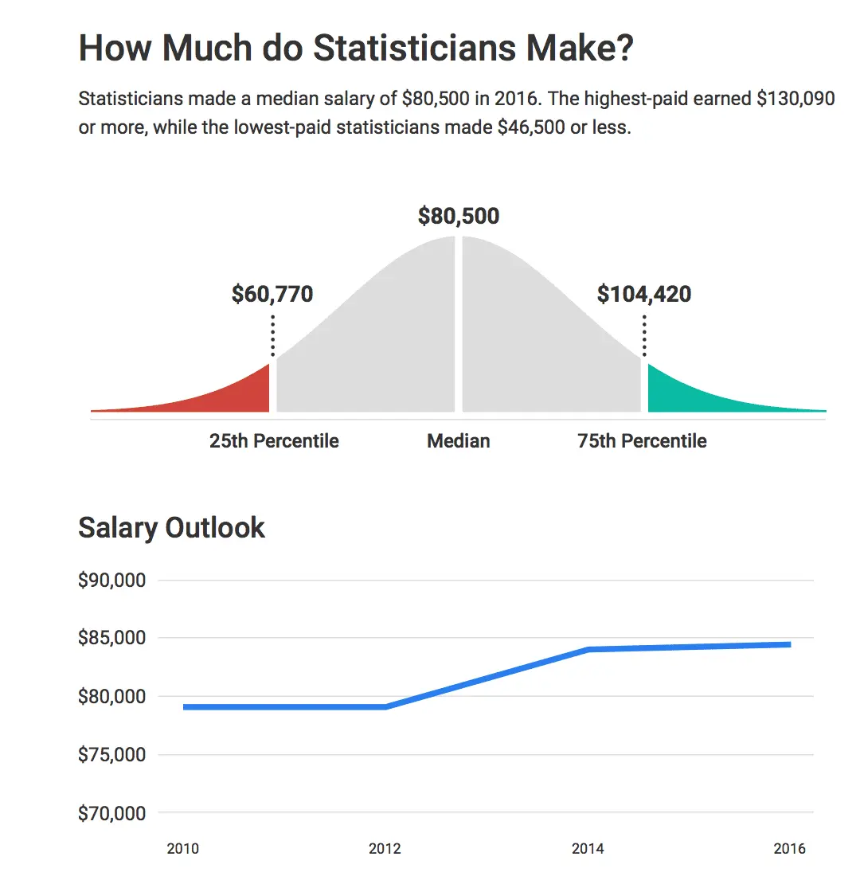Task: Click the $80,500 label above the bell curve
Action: [459, 216]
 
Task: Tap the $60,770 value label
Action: [272, 294]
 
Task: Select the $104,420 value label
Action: [643, 294]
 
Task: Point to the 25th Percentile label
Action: [274, 440]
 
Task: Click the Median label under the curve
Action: [459, 440]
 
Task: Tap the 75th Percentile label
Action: [642, 440]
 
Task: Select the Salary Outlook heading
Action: [171, 528]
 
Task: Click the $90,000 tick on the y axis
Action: [111, 581]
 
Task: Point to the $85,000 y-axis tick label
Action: [111, 638]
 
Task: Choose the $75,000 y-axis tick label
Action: [111, 755]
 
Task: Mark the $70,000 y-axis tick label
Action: [111, 813]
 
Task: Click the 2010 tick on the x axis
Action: [183, 849]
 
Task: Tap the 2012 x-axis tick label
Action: [385, 849]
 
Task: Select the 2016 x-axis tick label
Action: [789, 849]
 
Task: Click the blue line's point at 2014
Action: [588, 649]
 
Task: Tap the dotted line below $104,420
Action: [643, 334]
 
